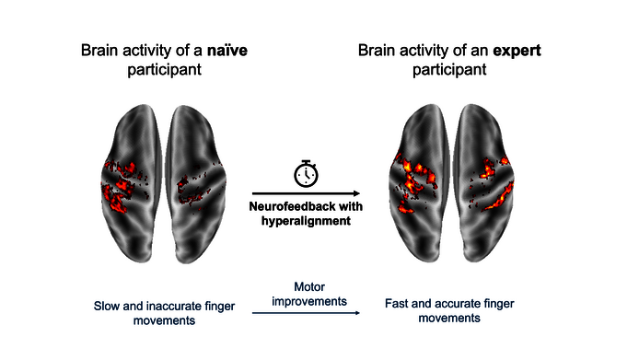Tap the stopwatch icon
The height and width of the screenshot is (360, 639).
tap(305, 172)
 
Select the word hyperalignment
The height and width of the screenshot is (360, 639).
tap(305, 222)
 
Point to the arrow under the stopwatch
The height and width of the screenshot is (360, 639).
tap(306, 192)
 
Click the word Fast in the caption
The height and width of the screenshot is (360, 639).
tap(397, 300)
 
